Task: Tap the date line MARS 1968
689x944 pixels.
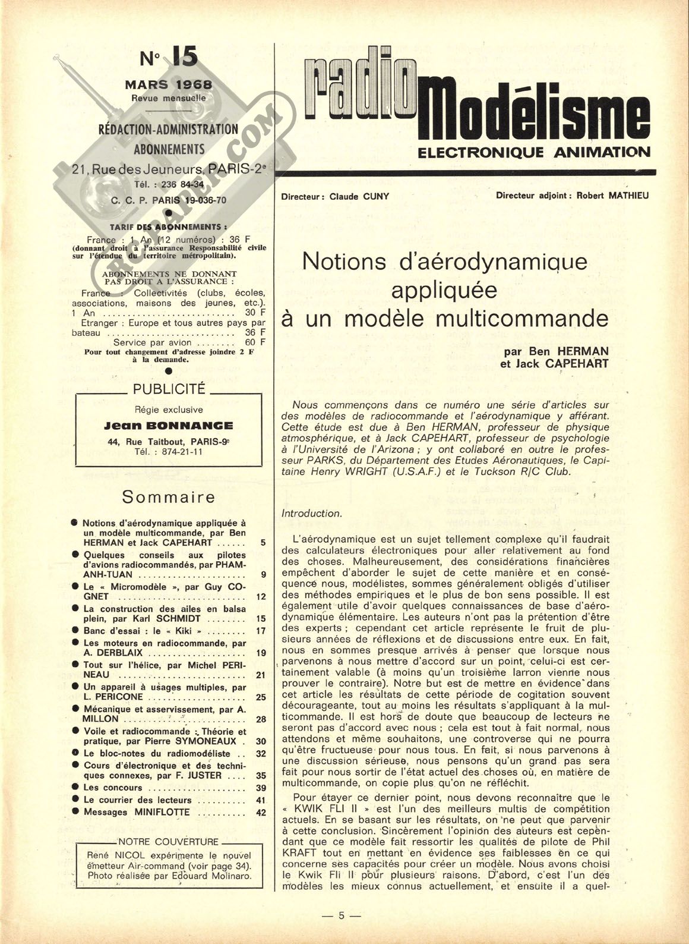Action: [x=168, y=84]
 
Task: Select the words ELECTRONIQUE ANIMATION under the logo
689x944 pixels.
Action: [x=534, y=152]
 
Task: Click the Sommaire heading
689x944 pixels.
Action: [x=168, y=496]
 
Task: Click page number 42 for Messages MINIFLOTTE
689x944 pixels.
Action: [x=261, y=813]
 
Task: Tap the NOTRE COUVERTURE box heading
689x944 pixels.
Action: [x=169, y=842]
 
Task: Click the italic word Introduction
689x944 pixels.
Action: [x=311, y=513]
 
